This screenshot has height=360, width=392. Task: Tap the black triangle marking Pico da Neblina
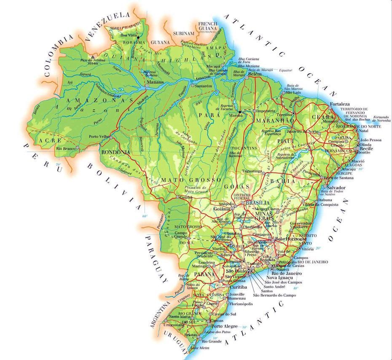93,56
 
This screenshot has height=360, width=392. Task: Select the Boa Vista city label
129,35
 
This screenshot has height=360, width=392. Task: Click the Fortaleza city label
340,104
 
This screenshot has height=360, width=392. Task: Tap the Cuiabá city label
185,197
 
